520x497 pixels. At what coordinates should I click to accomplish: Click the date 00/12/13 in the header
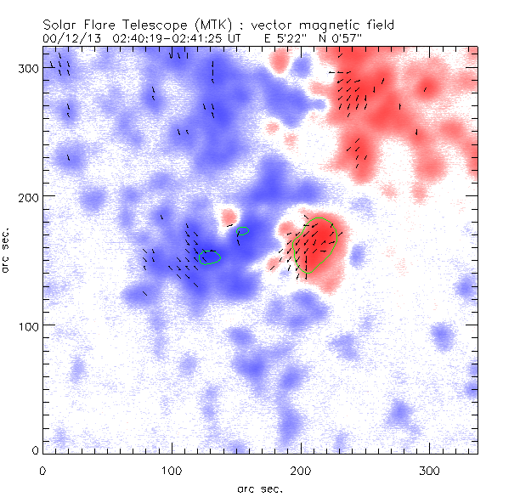(x=68, y=39)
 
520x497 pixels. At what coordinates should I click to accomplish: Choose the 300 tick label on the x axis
(x=429, y=470)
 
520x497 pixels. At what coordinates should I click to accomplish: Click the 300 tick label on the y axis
(x=28, y=67)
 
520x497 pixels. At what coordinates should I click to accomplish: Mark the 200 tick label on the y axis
(x=28, y=196)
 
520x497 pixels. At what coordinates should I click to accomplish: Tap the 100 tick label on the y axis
(x=28, y=325)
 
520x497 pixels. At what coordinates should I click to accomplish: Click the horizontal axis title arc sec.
(x=260, y=489)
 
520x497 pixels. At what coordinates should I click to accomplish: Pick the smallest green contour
(x=243, y=230)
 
